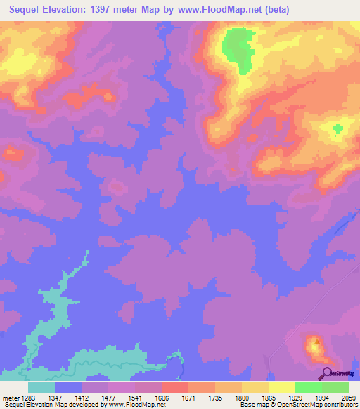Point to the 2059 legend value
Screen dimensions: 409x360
pos(349,397)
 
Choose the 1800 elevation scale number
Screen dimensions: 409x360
pos(241,397)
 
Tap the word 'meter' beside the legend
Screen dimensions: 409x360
pos(9,397)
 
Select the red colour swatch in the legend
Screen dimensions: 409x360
pos(174,387)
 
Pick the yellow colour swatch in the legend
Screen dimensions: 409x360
pos(281,387)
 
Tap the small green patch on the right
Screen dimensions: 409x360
pos(338,129)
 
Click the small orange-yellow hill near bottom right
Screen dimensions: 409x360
pos(313,345)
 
